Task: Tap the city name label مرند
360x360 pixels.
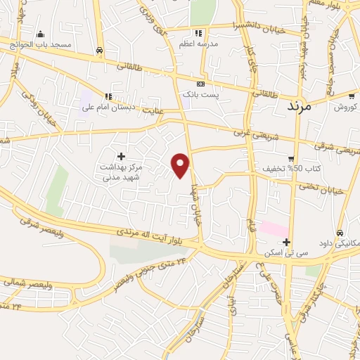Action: (x=304, y=106)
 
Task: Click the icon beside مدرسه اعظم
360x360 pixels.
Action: (x=200, y=33)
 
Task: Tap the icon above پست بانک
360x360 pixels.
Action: (x=201, y=83)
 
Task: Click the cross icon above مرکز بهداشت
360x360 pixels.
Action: (x=121, y=156)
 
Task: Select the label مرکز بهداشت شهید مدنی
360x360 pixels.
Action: (x=121, y=172)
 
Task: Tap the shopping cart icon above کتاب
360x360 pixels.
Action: (x=290, y=158)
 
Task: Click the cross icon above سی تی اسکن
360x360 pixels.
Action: (x=287, y=243)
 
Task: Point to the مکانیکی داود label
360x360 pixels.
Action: (x=339, y=243)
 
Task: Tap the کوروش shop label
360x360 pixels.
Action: (x=345, y=107)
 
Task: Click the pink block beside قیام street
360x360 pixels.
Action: (x=274, y=229)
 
